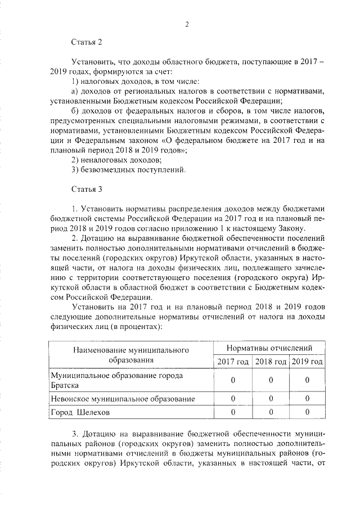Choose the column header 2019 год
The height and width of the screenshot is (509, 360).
pyautogui.click(x=307, y=361)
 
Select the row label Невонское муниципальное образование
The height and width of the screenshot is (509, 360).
pyautogui.click(x=123, y=398)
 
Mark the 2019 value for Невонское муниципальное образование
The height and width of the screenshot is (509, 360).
pyautogui.click(x=307, y=398)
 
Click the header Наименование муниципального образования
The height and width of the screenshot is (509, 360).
pyautogui.click(x=129, y=354)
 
